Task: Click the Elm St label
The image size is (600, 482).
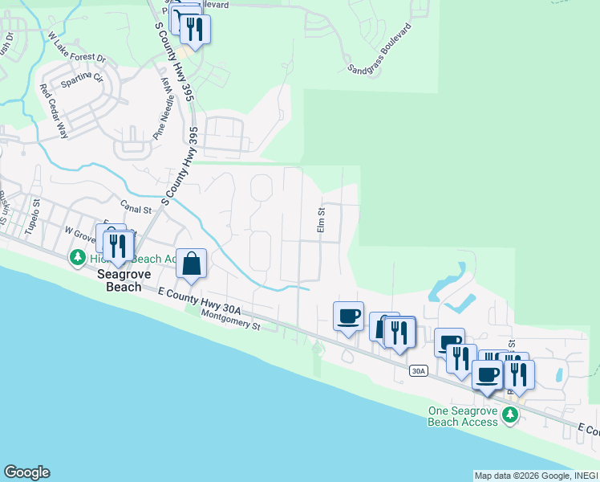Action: (x=320, y=222)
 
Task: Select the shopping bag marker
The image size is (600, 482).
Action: (x=192, y=263)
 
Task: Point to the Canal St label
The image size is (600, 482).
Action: (x=136, y=209)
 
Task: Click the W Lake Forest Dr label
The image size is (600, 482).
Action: (x=76, y=47)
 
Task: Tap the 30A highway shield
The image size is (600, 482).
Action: (x=417, y=370)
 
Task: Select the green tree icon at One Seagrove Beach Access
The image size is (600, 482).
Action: (x=509, y=415)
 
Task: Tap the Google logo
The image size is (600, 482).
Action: (x=26, y=472)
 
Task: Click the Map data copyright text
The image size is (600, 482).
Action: (x=535, y=476)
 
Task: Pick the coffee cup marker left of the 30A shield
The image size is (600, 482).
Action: (x=348, y=316)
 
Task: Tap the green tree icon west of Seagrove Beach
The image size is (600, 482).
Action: (x=78, y=258)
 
